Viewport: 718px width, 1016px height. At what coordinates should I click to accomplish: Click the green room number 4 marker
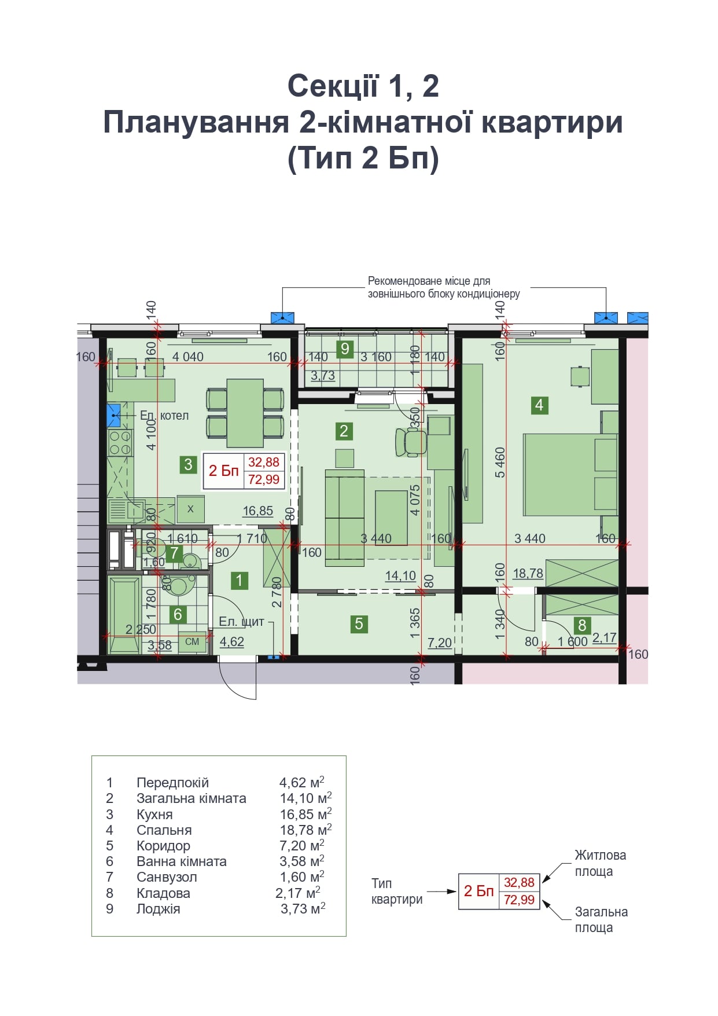(539, 405)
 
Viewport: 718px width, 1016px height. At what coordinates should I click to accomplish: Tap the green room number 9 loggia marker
(345, 349)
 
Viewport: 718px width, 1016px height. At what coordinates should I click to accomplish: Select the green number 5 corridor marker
(359, 623)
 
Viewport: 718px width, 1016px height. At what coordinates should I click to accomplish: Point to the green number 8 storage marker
(582, 625)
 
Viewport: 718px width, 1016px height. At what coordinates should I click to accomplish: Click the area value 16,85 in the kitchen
(257, 511)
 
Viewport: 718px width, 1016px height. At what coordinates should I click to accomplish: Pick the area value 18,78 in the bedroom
(528, 574)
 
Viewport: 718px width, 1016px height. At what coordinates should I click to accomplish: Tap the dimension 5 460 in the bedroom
(500, 463)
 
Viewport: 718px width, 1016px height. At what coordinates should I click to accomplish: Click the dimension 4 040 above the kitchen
(188, 357)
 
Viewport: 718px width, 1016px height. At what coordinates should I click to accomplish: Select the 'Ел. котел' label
(164, 416)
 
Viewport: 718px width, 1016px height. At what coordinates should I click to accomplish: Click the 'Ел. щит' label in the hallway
(241, 622)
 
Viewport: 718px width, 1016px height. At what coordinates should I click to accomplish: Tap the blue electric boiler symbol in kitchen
(114, 416)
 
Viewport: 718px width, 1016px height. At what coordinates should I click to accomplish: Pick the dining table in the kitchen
(245, 413)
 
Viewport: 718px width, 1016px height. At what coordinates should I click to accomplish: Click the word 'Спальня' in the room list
(164, 830)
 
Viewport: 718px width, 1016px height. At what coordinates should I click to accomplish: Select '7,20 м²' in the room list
(301, 846)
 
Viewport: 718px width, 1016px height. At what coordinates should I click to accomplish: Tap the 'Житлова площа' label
(600, 863)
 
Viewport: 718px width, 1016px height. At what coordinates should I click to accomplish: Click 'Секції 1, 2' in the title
(363, 86)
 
